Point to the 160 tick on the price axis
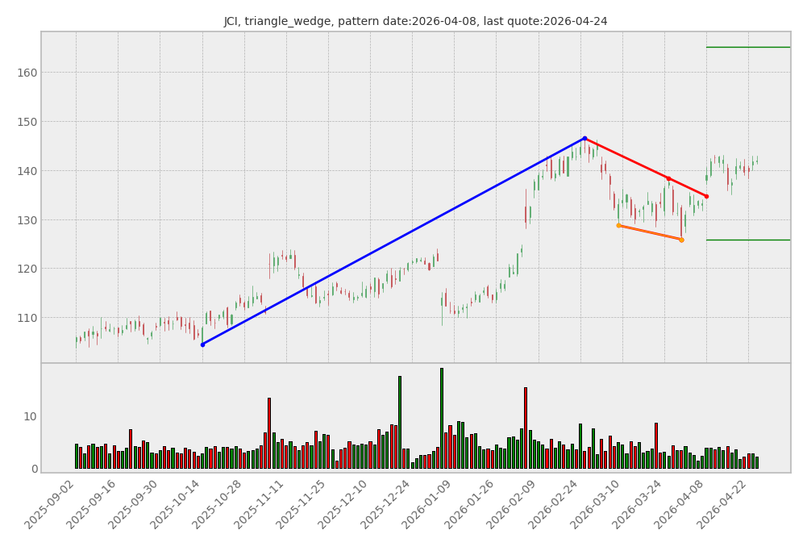pyautogui.click(x=26, y=73)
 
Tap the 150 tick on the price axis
pyautogui.click(x=26, y=122)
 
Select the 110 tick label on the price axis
pyautogui.click(x=26, y=318)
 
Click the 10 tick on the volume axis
pyautogui.click(x=30, y=416)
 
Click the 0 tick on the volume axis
pyautogui.click(x=33, y=469)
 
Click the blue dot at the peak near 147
pyautogui.click(x=584, y=138)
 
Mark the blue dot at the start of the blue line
pyautogui.click(x=202, y=344)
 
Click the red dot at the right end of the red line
pyautogui.click(x=706, y=196)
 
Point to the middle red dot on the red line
pyautogui.click(x=668, y=178)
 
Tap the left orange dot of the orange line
pyautogui.click(x=618, y=225)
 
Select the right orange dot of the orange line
pyautogui.click(x=681, y=240)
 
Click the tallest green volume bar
pyautogui.click(x=442, y=420)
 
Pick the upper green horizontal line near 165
pyautogui.click(x=747, y=47)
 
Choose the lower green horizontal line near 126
pyautogui.click(x=747, y=240)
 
